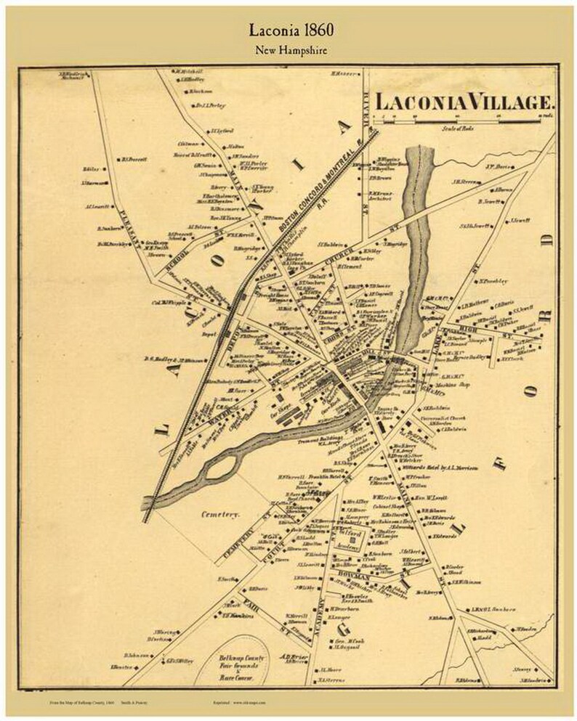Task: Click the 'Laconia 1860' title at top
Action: [x=288, y=30]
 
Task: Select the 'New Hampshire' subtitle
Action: [x=288, y=50]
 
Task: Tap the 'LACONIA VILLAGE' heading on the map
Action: [x=465, y=102]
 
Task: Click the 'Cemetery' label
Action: [x=220, y=513]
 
